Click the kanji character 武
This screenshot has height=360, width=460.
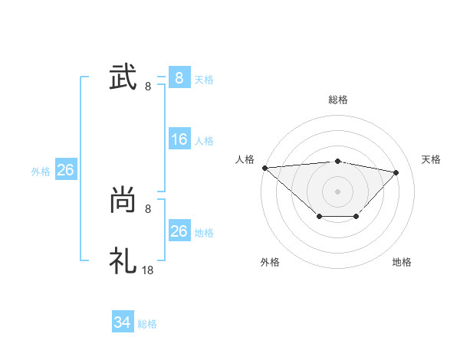click(x=123, y=78)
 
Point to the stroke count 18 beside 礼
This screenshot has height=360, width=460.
click(x=149, y=270)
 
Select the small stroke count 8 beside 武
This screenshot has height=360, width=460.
click(x=148, y=87)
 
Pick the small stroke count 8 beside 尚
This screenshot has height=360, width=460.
click(x=148, y=208)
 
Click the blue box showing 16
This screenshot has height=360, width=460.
click(x=179, y=139)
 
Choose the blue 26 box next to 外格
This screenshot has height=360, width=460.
click(x=65, y=170)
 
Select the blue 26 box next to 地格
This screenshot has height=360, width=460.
click(x=179, y=231)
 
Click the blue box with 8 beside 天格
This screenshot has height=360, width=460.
click(x=179, y=78)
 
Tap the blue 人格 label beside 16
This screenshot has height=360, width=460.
click(x=204, y=141)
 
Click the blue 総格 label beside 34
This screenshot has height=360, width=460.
click(x=147, y=324)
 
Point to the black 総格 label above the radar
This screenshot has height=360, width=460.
click(x=338, y=100)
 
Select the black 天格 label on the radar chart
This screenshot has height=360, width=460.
click(x=432, y=159)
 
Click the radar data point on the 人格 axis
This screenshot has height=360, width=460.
click(x=264, y=168)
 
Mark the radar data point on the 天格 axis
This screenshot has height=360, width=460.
click(x=396, y=172)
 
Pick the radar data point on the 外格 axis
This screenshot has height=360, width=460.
click(x=319, y=218)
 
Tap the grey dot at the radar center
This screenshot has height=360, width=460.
click(x=338, y=191)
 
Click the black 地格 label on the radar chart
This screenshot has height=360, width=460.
click(x=402, y=262)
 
